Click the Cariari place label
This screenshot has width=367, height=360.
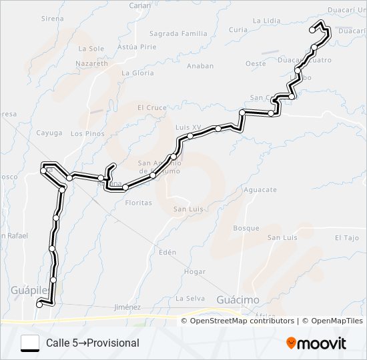click(x=140, y=5)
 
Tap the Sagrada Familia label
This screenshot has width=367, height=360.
click(x=178, y=33)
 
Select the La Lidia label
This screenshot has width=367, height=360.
click(x=267, y=21)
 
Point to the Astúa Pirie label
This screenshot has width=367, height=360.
click(x=136, y=47)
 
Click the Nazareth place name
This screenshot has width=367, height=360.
click(x=91, y=62)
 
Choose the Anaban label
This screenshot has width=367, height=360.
click(x=200, y=66)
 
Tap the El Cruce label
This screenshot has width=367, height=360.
click(x=151, y=107)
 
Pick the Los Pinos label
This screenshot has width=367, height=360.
click(x=87, y=133)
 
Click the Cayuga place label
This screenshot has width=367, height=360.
click(x=49, y=133)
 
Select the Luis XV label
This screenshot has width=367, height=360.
click(x=188, y=127)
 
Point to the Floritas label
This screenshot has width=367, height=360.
click(x=139, y=203)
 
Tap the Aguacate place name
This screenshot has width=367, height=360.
click(x=260, y=190)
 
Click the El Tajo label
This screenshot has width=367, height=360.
click(x=347, y=237)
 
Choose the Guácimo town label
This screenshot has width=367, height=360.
click(x=238, y=300)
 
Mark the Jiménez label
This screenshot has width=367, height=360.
click(x=127, y=307)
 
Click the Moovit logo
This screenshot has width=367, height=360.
click(x=316, y=343)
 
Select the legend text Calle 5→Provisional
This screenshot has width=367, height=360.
click(x=93, y=343)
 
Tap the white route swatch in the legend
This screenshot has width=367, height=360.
click(x=30, y=343)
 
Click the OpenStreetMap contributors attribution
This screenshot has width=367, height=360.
click(x=242, y=321)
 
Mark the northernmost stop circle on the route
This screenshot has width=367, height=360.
click(x=313, y=30)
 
